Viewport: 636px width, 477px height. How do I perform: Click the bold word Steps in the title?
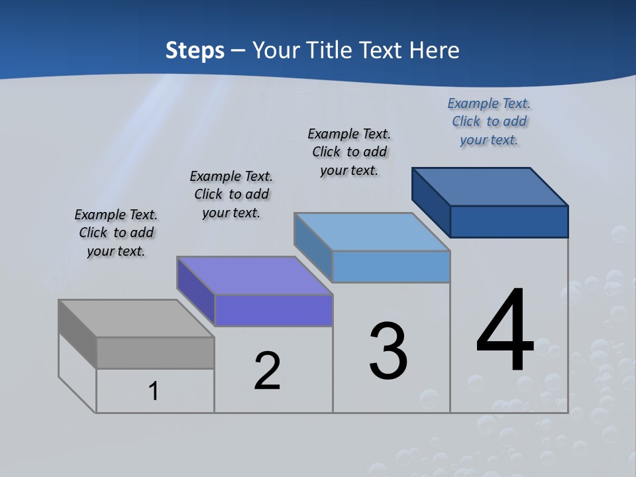(195, 50)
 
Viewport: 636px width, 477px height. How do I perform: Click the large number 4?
(505, 331)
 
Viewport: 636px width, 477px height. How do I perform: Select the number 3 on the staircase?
(388, 351)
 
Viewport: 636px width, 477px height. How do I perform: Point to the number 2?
(268, 371)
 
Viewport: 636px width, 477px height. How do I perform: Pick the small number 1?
(154, 391)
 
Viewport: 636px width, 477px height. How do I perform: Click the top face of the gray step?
(136, 318)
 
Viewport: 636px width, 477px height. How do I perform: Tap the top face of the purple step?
(254, 275)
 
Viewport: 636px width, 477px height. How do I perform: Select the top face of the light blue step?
(372, 231)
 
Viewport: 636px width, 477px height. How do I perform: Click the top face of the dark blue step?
(490, 186)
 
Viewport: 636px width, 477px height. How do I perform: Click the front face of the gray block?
(155, 352)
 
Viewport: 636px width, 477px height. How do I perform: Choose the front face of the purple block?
(274, 310)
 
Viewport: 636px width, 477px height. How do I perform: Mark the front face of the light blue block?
(391, 266)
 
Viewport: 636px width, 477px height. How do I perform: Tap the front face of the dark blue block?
(509, 221)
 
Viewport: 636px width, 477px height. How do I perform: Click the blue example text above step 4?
(489, 121)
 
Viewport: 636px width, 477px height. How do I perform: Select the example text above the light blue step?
(349, 152)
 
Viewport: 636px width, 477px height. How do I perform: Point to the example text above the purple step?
(231, 194)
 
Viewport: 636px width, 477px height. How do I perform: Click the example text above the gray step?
(116, 233)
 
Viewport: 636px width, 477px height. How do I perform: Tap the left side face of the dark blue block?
(431, 202)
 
